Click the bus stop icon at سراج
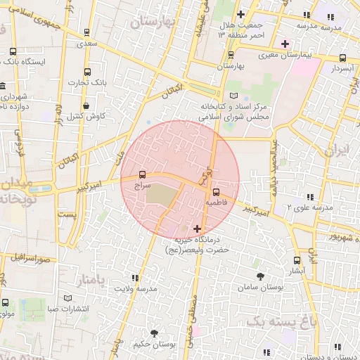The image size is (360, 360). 143,174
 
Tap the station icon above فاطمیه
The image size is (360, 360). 216,191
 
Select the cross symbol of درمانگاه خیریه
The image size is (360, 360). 197,229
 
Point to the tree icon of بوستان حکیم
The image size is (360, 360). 154,333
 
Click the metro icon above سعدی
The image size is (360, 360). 86,32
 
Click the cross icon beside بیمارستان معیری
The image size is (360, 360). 285,44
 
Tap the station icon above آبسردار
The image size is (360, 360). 342,58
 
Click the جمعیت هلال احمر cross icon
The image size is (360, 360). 241,14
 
